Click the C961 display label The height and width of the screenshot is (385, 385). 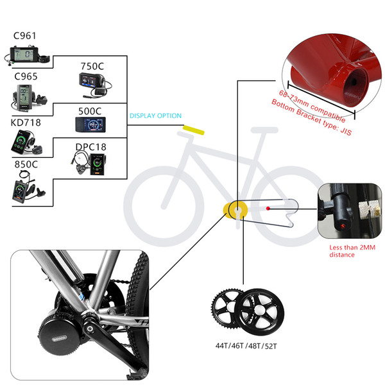[24, 36]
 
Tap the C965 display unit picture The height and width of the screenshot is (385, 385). [29, 98]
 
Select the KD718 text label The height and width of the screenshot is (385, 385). [26, 123]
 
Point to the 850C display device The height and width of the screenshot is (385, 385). [28, 187]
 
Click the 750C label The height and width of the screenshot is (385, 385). [92, 66]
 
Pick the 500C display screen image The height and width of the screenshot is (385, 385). [90, 124]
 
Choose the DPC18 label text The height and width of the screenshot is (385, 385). [91, 147]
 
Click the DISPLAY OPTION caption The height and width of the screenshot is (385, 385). [155, 116]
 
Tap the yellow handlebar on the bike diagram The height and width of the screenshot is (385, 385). [194, 130]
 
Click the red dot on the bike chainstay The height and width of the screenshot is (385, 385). [268, 208]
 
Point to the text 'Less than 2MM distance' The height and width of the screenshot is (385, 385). [352, 251]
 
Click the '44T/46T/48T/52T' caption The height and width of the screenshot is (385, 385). [246, 346]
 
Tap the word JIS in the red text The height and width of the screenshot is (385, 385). [346, 131]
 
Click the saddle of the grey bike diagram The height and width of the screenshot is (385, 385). [264, 130]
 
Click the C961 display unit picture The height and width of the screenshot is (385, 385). [26, 55]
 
